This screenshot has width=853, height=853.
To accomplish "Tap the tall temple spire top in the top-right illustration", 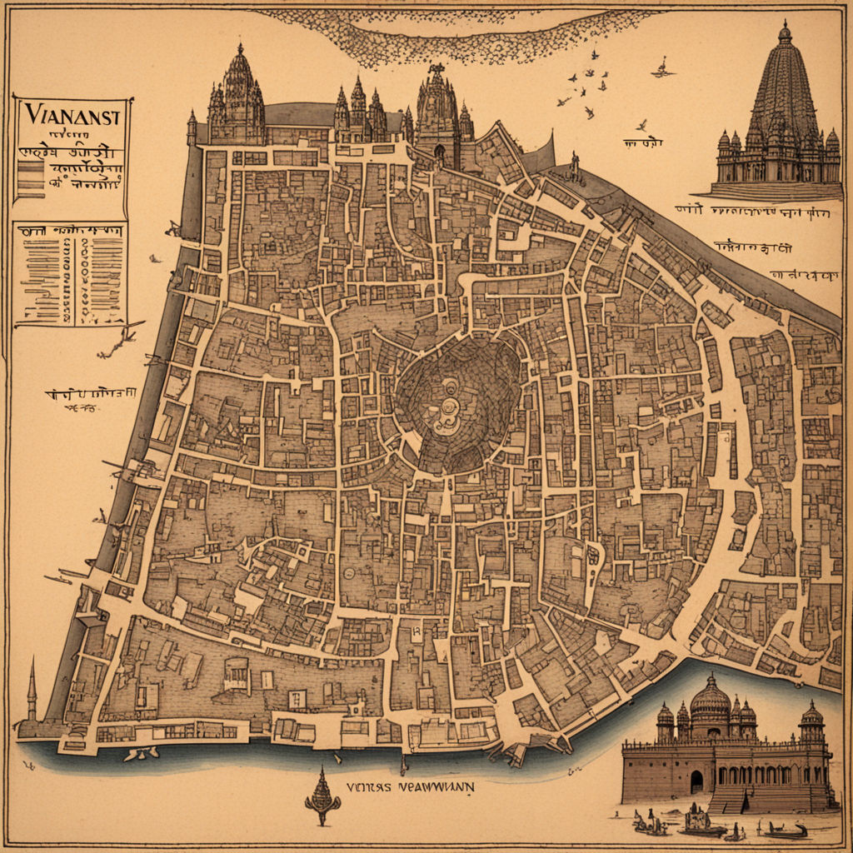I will pyautogui.click(x=784, y=33).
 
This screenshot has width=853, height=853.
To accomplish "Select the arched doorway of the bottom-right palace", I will pyautogui.click(x=696, y=781).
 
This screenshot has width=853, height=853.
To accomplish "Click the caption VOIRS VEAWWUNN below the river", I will pyautogui.click(x=411, y=786).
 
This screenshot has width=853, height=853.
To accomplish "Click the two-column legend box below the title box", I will pyautogui.click(x=71, y=273).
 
